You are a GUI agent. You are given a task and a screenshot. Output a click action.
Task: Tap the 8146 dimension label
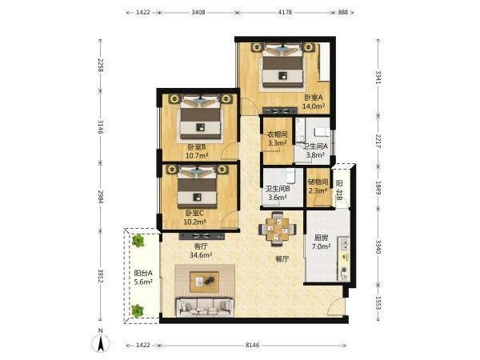pos(253,345)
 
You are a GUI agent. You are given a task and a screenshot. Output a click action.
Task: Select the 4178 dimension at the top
pos(285,12)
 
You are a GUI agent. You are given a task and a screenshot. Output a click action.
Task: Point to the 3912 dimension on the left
pos(101,276)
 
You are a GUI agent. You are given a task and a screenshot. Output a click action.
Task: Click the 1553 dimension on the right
pos(378,303)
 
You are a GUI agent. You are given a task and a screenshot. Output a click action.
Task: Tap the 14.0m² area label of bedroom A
pos(314,106)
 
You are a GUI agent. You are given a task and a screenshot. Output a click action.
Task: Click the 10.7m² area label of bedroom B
pos(197,155)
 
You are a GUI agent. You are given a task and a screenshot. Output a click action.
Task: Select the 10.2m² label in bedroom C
pos(194,222)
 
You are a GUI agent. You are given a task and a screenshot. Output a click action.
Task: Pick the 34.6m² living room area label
pos(201,254)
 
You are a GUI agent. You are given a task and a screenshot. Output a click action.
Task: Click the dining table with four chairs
pos(278,229)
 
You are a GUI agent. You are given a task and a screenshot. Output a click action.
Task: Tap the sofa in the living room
pos(205,307)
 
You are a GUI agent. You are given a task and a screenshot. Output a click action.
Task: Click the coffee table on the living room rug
pos(204,282)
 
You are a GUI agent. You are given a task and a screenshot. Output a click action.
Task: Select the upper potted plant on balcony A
pos(138,241)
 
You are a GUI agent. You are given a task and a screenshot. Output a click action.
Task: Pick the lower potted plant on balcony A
pos(138,310)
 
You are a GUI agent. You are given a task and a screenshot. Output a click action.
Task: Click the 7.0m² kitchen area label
pos(321,246)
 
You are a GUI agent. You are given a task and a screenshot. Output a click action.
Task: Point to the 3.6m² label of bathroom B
pos(278,198)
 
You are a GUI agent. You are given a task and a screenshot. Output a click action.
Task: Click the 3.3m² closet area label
pos(278,142)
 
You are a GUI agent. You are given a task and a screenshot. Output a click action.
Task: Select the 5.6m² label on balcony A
pos(143,282)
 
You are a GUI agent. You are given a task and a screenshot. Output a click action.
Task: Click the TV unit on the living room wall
pos(202,236)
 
